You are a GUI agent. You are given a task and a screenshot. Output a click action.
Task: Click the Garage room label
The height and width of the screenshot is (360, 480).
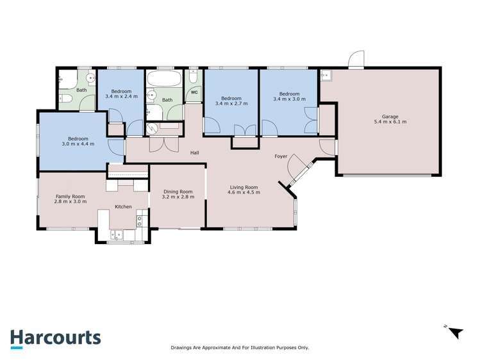click(390, 116)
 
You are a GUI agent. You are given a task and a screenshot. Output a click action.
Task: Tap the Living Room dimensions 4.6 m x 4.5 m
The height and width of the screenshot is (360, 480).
click(245, 192)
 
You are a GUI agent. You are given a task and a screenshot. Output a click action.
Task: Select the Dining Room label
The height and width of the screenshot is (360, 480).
click(178, 192)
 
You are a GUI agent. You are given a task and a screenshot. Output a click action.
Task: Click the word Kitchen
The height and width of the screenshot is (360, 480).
click(123, 207)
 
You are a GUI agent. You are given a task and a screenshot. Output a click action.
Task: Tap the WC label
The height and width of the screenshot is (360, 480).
click(194, 92)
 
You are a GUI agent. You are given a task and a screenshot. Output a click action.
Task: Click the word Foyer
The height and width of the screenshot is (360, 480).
click(281, 156)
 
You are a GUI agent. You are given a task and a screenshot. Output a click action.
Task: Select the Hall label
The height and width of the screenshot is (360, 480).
click(194, 153)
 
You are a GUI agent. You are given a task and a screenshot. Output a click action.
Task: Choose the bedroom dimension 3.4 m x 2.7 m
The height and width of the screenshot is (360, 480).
click(231, 103)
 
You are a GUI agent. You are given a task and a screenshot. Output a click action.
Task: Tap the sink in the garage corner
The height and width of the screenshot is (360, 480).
click(325, 76)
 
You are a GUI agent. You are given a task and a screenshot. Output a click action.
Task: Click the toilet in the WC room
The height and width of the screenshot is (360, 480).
click(193, 78)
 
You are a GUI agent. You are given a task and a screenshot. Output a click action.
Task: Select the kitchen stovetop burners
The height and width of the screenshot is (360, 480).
click(139, 222)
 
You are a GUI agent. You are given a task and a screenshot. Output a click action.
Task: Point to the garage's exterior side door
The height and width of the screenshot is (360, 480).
click(356, 60)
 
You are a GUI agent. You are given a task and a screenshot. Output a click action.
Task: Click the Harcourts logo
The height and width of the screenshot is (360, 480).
click(55, 338)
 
